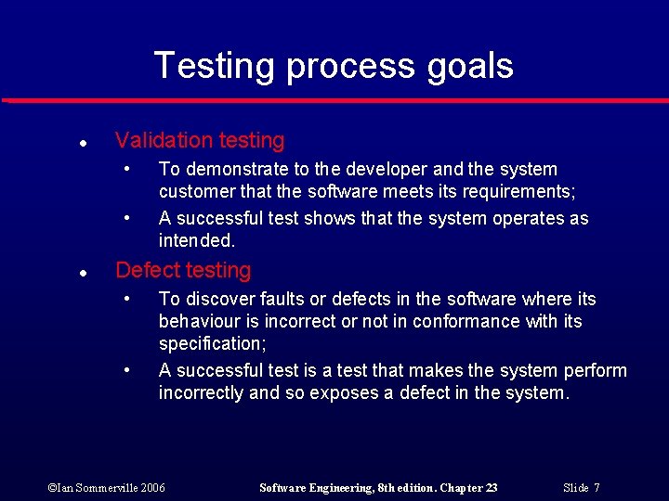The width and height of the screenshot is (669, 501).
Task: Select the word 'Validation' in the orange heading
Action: (164, 141)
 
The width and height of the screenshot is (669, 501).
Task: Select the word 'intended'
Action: (196, 241)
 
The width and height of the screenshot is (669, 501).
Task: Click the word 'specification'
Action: (212, 344)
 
